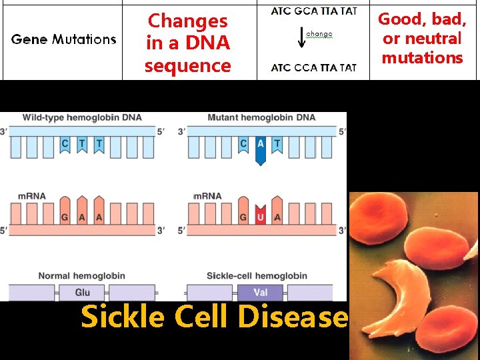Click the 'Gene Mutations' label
coord(63,39)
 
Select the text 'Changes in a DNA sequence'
coord(188,43)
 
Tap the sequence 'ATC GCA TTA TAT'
coord(313,11)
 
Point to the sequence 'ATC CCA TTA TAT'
coord(313,67)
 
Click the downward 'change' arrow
coord(301,37)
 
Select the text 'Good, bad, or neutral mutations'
coord(422,39)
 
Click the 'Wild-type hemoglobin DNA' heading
coord(82,118)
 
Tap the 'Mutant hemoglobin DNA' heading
coord(261,118)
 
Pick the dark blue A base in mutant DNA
coord(259,149)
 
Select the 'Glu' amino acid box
coord(82,292)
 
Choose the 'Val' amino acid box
coord(260,292)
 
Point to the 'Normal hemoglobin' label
coord(81,276)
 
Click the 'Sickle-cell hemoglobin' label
coord(257,276)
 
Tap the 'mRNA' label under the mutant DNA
coord(206,197)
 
